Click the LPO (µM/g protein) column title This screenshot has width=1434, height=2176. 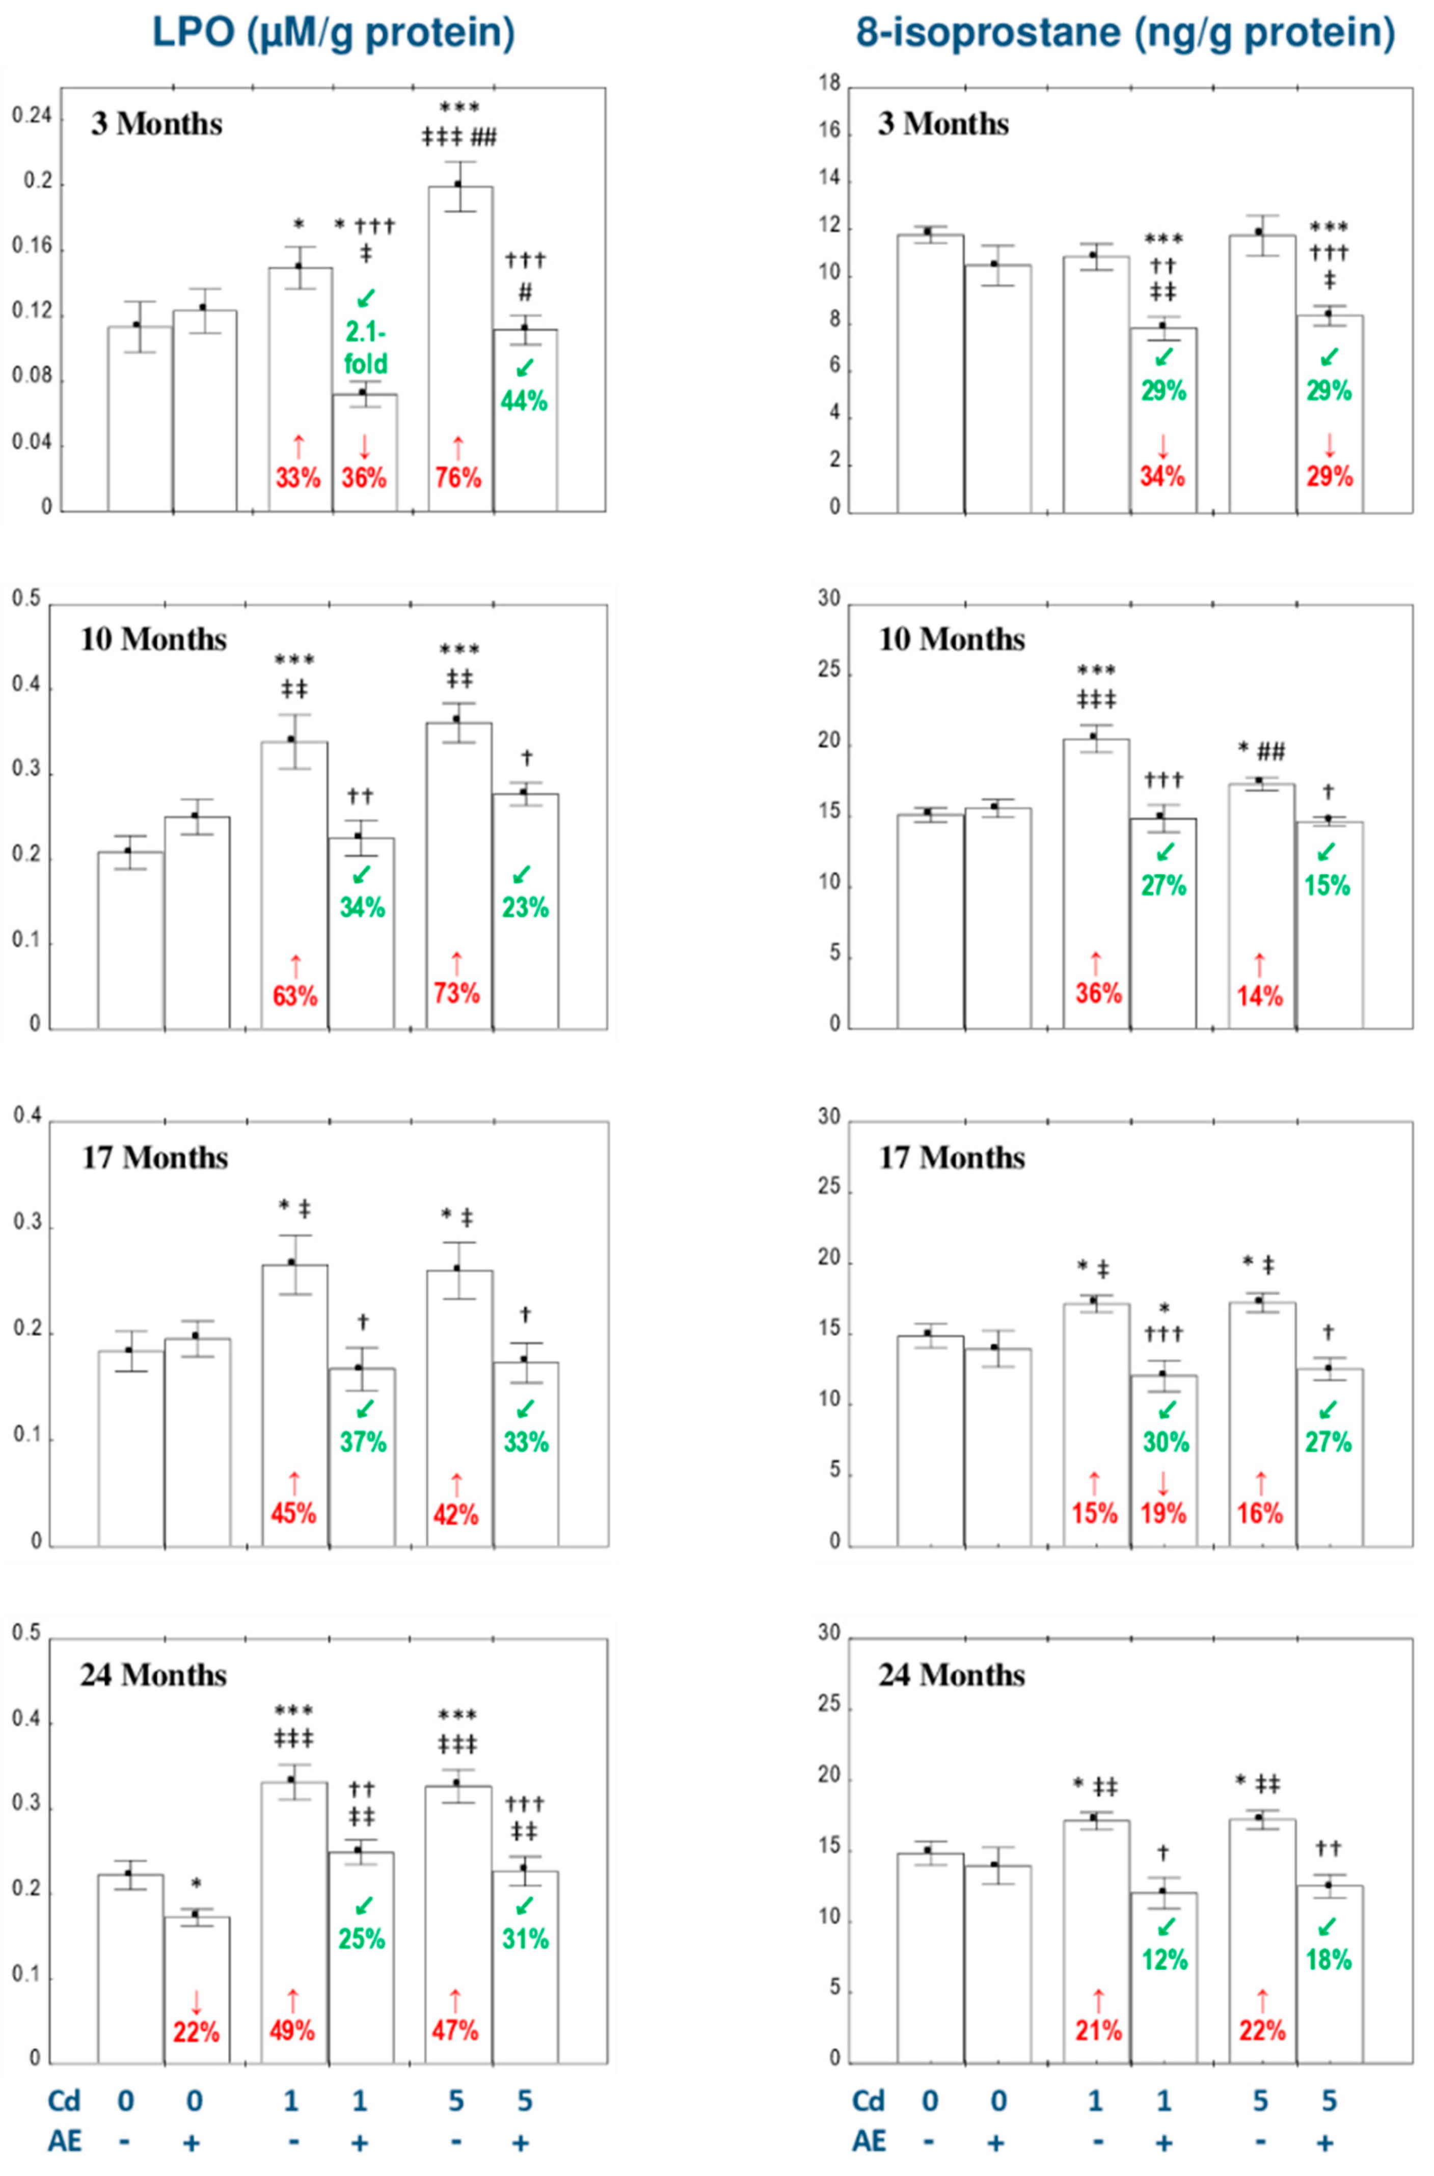point(333,33)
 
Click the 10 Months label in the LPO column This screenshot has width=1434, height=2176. point(154,639)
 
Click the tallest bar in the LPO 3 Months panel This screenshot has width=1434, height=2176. point(460,347)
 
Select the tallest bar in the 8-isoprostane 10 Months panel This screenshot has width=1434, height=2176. point(1096,882)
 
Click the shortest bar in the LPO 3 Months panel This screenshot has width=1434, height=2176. point(364,453)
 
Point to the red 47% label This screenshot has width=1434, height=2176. point(455,2031)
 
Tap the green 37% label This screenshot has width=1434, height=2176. point(363,1442)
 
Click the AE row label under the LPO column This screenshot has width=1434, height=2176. point(64,2141)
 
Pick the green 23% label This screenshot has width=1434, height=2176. point(525,907)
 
